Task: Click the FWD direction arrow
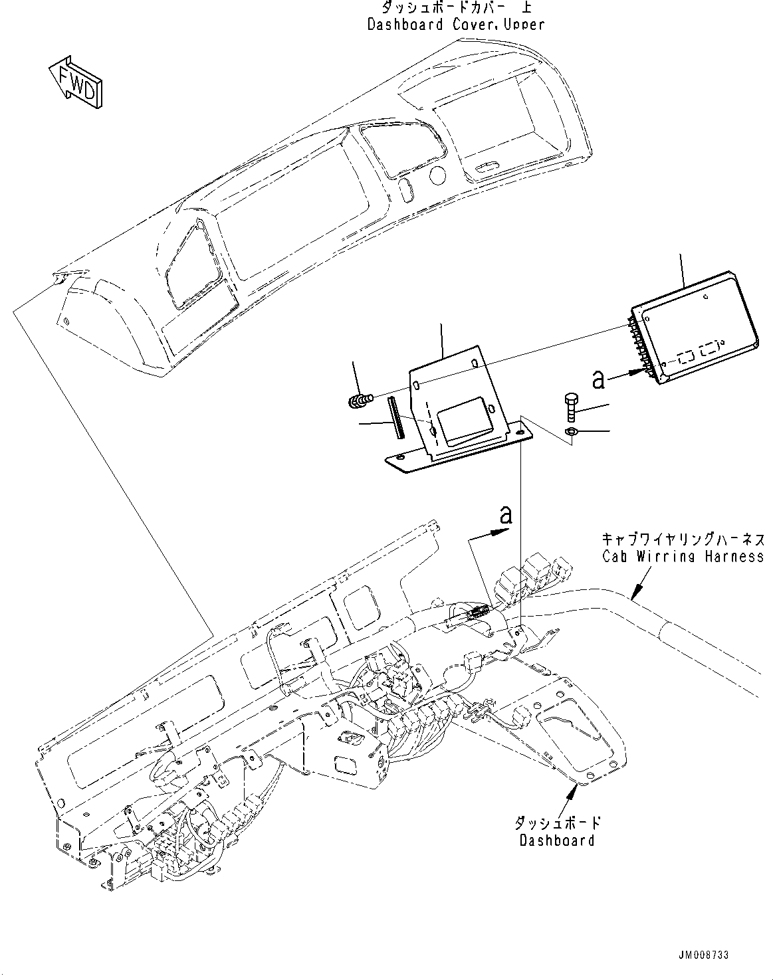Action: pos(75,82)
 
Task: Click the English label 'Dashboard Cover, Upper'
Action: pos(455,25)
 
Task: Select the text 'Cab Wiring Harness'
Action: pos(683,556)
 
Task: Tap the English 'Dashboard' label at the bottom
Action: pos(557,840)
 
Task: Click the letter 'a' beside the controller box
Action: pos(599,379)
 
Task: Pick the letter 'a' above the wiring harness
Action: pos(506,515)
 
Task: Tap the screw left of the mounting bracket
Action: pos(360,400)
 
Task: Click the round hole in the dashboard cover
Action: pos(437,175)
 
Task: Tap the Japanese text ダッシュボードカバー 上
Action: pos(455,8)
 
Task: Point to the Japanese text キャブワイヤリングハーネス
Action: pos(683,538)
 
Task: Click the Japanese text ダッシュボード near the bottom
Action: pos(557,823)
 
